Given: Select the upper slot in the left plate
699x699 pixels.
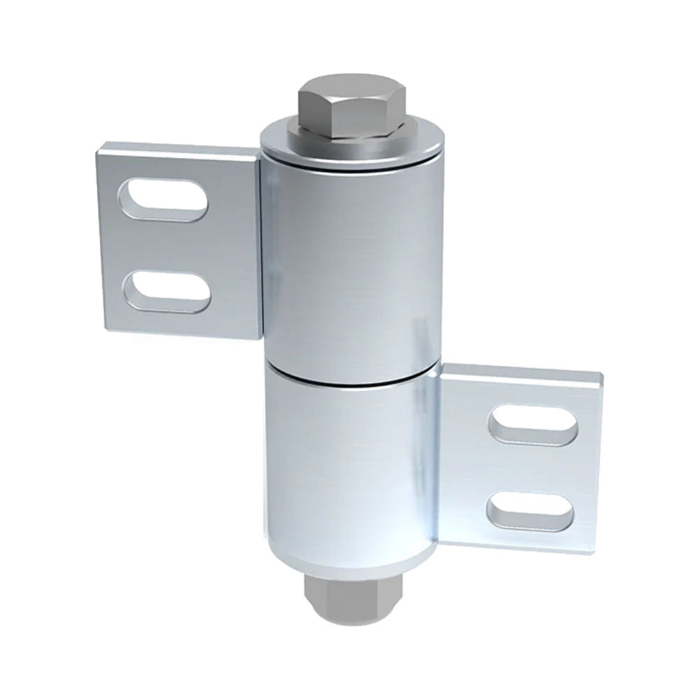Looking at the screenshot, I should tap(165, 201).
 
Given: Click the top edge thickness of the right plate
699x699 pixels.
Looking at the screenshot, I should tap(521, 370).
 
